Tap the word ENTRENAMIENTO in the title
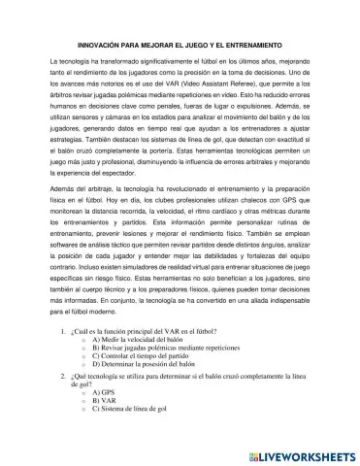tap(253, 46)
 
